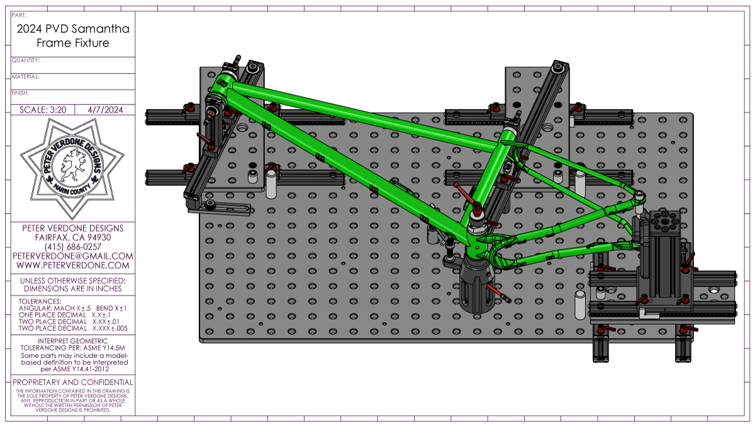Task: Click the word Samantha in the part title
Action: click(102, 29)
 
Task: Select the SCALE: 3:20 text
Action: click(43, 110)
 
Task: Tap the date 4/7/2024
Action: click(105, 110)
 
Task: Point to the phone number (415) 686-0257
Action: click(73, 247)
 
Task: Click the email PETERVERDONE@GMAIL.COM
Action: click(73, 256)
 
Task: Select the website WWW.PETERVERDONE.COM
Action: click(73, 265)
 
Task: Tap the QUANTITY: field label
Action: click(26, 60)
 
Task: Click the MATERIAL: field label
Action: click(26, 77)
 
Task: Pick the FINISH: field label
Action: click(20, 93)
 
